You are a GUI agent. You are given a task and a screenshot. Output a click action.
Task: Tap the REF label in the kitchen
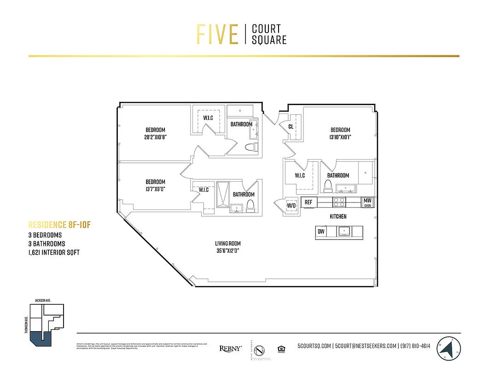point(308,202)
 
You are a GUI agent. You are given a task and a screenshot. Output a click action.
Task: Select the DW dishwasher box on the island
point(321,231)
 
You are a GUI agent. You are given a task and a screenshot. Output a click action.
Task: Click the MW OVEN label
point(367,202)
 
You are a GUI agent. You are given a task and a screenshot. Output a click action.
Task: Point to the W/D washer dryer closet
point(291,205)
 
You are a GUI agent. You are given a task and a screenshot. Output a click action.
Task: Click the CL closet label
point(291,126)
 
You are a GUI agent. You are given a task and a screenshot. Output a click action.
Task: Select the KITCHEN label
point(337,216)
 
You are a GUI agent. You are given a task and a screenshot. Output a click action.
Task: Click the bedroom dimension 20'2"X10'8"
point(155,137)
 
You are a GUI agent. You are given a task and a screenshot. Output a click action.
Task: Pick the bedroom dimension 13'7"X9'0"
point(155,189)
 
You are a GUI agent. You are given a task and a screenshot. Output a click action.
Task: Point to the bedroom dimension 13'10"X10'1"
point(340,137)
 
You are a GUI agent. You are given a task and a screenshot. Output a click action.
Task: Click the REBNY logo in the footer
point(230,349)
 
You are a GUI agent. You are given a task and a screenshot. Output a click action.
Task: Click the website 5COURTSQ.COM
point(314,346)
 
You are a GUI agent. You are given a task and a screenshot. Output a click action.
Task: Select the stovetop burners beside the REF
point(339,202)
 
